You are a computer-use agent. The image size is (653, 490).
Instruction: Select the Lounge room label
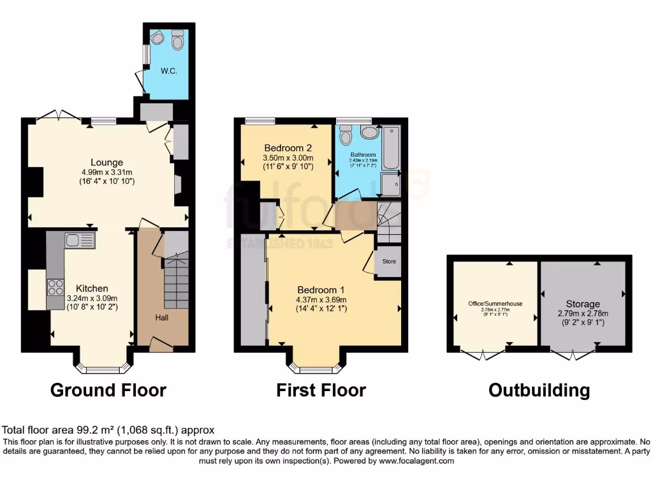pyautogui.click(x=106, y=162)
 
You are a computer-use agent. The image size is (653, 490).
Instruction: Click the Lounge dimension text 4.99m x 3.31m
pyautogui.click(x=106, y=172)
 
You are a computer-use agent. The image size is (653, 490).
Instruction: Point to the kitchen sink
pyautogui.click(x=80, y=241)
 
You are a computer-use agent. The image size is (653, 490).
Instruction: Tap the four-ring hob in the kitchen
pyautogui.click(x=55, y=286)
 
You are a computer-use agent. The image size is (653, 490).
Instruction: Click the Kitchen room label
pyautogui.click(x=92, y=288)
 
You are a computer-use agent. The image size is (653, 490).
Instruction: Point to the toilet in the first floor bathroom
pyautogui.click(x=346, y=135)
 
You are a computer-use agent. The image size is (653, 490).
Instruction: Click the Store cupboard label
pyautogui.click(x=389, y=262)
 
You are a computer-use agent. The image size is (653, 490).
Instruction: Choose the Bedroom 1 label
pyautogui.click(x=321, y=290)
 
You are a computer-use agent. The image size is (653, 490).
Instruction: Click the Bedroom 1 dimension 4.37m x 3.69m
pyautogui.click(x=321, y=300)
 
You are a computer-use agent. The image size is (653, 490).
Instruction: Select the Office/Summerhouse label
pyautogui.click(x=493, y=304)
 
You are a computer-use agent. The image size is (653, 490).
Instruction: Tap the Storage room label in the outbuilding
pyautogui.click(x=583, y=304)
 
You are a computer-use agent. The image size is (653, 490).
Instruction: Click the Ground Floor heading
pyautogui.click(x=108, y=390)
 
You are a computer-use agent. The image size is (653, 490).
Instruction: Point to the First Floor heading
pyautogui.click(x=321, y=390)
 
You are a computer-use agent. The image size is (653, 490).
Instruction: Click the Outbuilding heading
pyautogui.click(x=539, y=390)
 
